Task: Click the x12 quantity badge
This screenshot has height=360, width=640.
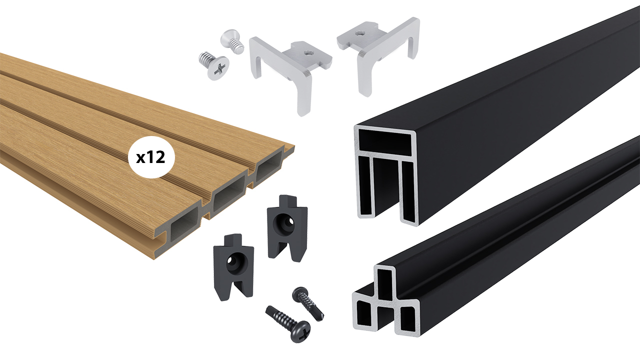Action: click(151, 157)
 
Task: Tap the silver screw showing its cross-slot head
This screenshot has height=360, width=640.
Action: click(214, 65)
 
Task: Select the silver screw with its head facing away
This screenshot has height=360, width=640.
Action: click(232, 40)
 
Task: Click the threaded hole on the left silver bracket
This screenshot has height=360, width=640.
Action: click(307, 52)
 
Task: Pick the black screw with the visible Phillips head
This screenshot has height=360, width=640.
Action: click(288, 323)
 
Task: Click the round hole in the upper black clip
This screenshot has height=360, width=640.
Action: click(282, 223)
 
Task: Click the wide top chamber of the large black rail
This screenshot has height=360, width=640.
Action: click(385, 139)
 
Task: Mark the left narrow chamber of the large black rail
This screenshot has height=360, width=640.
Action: click(365, 185)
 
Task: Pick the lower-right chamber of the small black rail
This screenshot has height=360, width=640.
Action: click(407, 318)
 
